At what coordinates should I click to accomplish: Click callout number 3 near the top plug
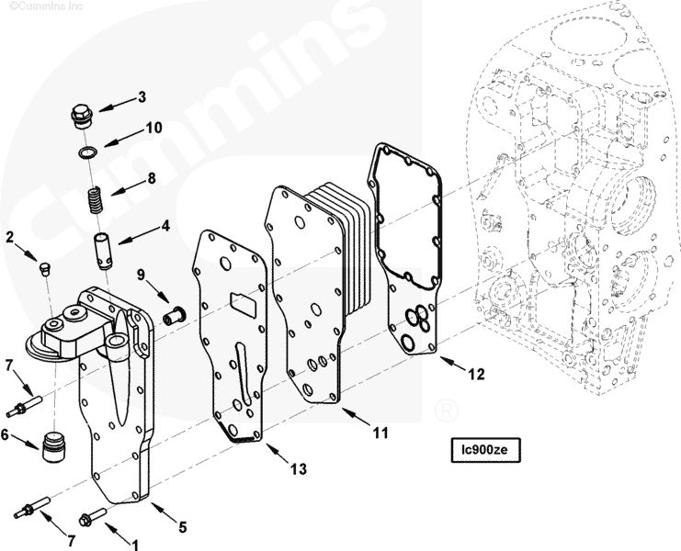pos(142,96)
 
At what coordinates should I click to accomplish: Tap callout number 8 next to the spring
pos(152,176)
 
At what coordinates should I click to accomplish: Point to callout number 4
pos(165,223)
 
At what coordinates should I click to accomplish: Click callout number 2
pos(10,237)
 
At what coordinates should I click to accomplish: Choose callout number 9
pos(142,274)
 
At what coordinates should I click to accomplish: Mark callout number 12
pos(475,374)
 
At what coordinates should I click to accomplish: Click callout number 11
pos(380,431)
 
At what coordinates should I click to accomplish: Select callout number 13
pos(296,469)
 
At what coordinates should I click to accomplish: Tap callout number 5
pos(182,527)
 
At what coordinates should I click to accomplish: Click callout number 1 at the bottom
pos(136,544)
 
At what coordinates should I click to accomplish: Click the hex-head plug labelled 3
pos(80,117)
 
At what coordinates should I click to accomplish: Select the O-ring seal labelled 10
pos(87,151)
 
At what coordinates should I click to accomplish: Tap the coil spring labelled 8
pos(93,199)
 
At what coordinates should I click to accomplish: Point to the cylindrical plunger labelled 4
pos(102,249)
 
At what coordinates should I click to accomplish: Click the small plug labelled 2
pos(44,267)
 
